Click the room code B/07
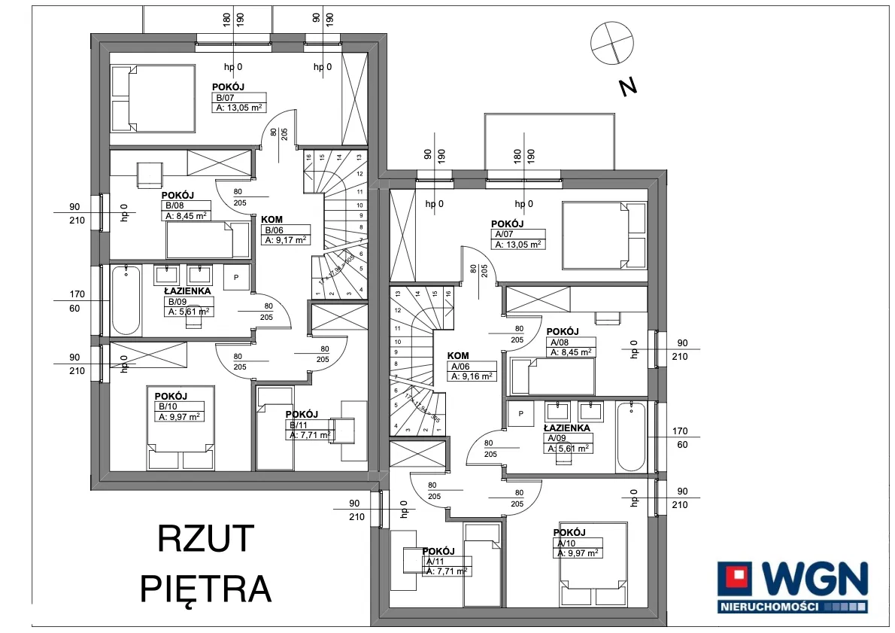(x=223, y=98)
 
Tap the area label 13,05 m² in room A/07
(x=519, y=244)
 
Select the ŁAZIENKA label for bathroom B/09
(x=187, y=291)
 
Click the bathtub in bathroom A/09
(x=630, y=437)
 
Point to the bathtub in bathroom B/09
(x=126, y=300)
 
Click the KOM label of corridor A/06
(x=458, y=356)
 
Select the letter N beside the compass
(x=627, y=87)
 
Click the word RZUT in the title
(x=206, y=539)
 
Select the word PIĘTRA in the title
(x=206, y=588)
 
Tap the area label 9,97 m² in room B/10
(x=180, y=416)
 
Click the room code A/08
(x=560, y=341)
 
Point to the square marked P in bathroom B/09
(x=237, y=278)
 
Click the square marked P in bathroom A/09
(x=521, y=413)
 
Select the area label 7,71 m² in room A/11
(x=448, y=571)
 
